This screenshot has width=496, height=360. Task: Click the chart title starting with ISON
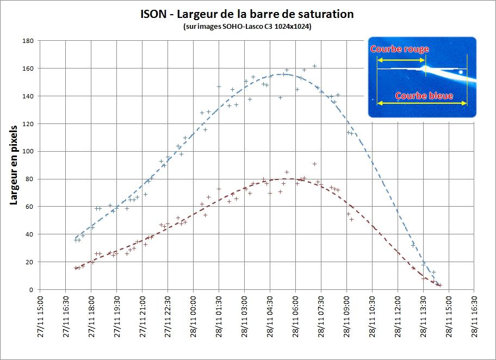click(247, 14)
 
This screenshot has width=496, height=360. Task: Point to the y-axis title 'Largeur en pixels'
click(15, 165)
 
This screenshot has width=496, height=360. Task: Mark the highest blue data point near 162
click(314, 66)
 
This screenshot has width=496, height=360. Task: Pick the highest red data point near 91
click(314, 164)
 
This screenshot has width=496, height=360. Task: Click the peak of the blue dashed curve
click(283, 75)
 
